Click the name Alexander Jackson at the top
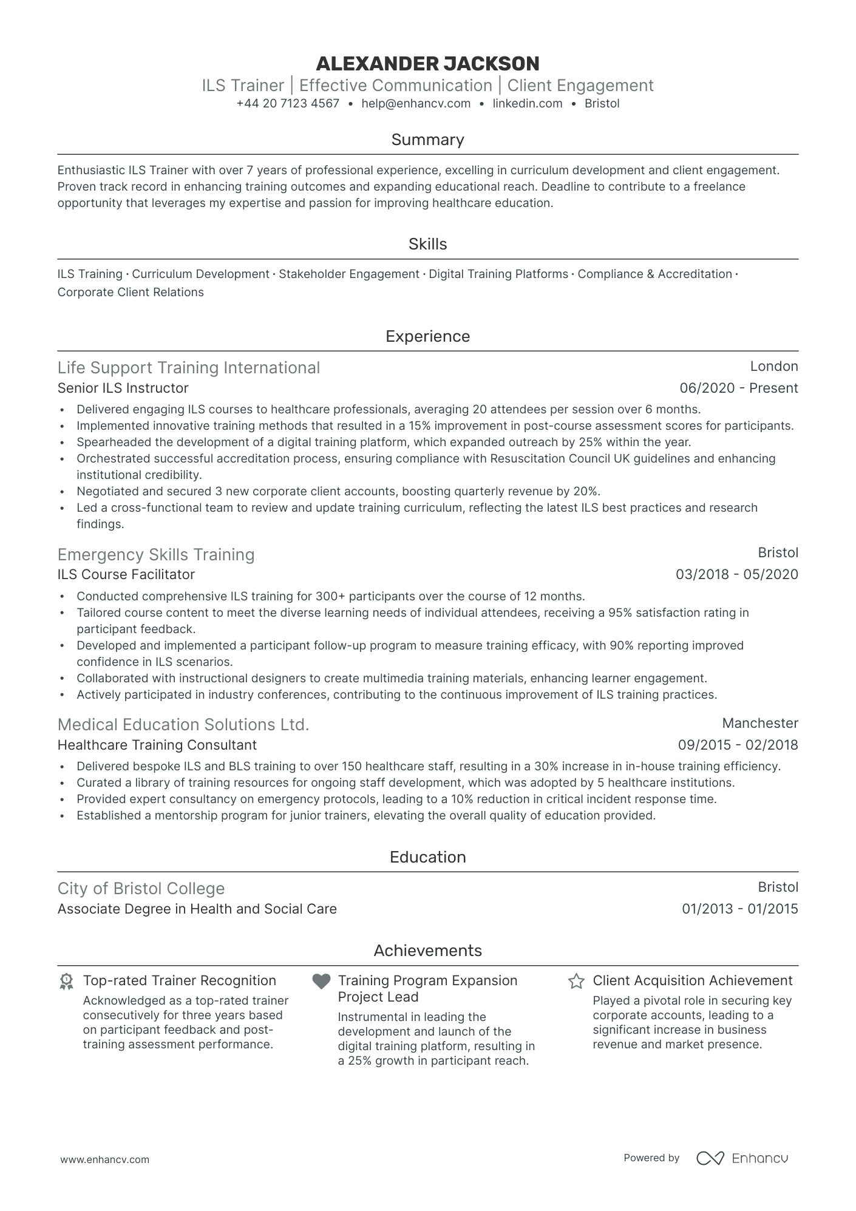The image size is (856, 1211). pos(427,63)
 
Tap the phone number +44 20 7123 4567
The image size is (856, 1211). pos(288,103)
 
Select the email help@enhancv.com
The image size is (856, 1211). pos(416,103)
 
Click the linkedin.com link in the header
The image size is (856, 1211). pos(527,103)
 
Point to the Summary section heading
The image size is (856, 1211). pos(427,140)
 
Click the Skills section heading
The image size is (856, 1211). pos(427,244)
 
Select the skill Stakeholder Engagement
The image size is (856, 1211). pos(349,274)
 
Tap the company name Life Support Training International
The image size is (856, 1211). pos(188,368)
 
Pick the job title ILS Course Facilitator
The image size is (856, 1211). pos(126,574)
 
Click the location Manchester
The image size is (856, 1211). pos(759,723)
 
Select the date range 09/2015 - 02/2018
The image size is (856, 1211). pos(738,745)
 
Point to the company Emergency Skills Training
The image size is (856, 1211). pos(155,554)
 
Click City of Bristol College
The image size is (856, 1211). pos(141,888)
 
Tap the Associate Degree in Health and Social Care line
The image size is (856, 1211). pos(197,909)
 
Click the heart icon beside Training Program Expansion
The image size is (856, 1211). pos(321,981)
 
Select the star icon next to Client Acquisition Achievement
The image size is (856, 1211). pos(576,981)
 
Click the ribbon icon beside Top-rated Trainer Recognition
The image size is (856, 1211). pos(66,981)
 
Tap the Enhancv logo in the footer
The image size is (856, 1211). pos(742,1158)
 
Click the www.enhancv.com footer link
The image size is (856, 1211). pos(104,1159)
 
